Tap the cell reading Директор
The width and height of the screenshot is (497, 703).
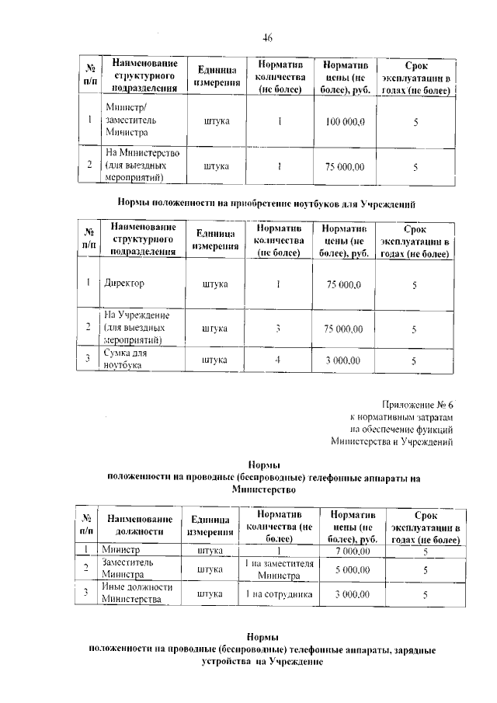[x=124, y=284]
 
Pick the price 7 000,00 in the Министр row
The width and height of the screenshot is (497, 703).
[x=352, y=551]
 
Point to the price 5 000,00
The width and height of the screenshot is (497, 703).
[x=352, y=570]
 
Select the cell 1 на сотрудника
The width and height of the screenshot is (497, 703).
[x=278, y=594]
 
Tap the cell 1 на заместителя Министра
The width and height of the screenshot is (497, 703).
[x=278, y=569]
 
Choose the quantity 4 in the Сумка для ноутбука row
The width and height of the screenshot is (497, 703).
[x=276, y=360]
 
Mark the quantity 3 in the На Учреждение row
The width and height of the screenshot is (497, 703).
[x=276, y=329]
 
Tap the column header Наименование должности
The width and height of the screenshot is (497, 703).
[x=139, y=526]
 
